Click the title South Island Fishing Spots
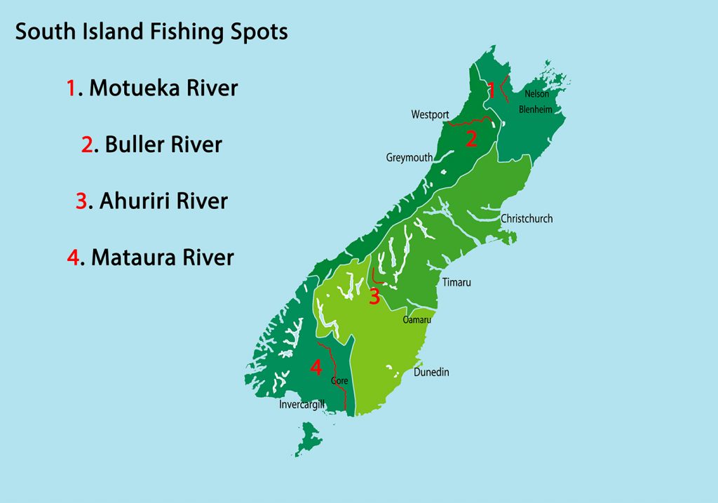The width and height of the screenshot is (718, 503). [x=151, y=32]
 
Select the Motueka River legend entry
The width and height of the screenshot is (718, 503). [x=152, y=88]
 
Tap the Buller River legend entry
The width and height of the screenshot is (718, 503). [x=151, y=145]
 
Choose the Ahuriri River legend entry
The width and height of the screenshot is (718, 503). [x=151, y=201]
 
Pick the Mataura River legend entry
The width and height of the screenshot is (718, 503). [x=151, y=257]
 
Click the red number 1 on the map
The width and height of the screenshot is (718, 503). [x=492, y=90]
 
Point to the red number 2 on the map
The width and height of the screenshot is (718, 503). [x=471, y=139]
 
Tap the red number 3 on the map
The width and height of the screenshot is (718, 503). [x=374, y=297]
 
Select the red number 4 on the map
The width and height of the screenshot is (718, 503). [x=316, y=367]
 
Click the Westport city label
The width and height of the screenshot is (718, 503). [x=430, y=114]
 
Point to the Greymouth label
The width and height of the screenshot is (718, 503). [x=409, y=158]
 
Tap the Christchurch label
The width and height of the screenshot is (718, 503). [x=527, y=219]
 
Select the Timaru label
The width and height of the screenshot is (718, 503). [x=456, y=283]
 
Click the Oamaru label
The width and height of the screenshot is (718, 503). [x=416, y=320]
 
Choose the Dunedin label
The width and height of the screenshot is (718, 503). [x=431, y=373]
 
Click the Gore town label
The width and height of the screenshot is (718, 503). [x=339, y=381]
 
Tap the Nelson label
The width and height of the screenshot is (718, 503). [x=537, y=94]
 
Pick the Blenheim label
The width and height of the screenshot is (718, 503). [x=536, y=109]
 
